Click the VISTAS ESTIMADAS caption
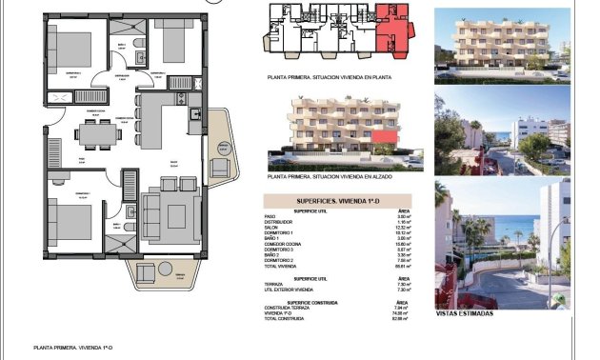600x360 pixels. point(465,313)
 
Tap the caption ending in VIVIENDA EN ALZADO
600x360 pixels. point(331,177)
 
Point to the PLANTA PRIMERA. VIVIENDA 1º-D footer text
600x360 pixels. point(72,349)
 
